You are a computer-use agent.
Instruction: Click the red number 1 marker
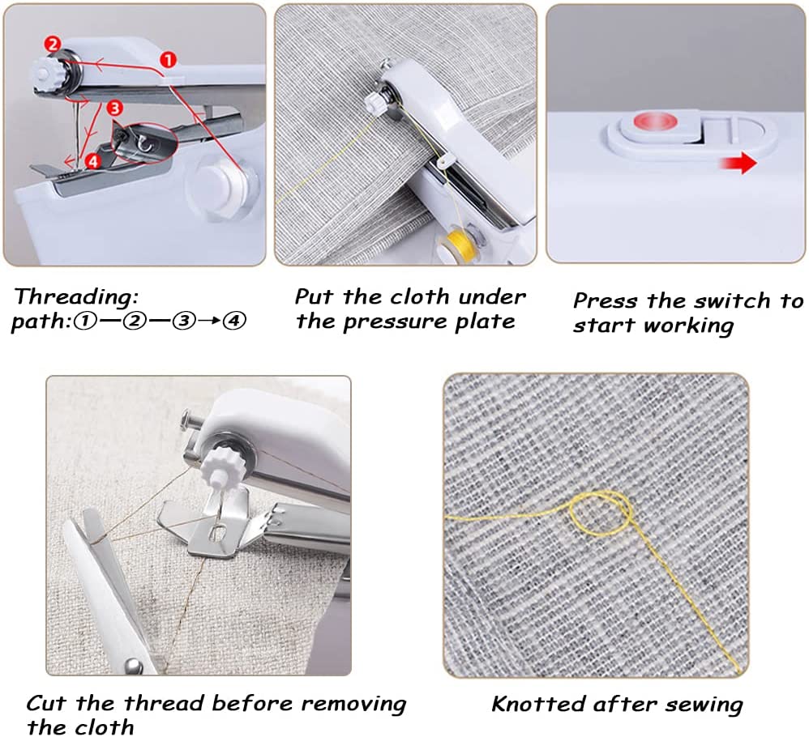[168, 60]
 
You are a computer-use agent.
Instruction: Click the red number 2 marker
[53, 45]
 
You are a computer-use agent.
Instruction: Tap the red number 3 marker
[114, 109]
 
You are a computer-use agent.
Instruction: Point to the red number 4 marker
[93, 161]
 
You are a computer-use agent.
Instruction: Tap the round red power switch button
[655, 122]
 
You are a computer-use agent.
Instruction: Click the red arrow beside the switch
[738, 163]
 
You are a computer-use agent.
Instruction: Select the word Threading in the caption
[76, 297]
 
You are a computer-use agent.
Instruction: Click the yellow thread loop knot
[601, 512]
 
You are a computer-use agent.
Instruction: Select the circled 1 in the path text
[85, 321]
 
